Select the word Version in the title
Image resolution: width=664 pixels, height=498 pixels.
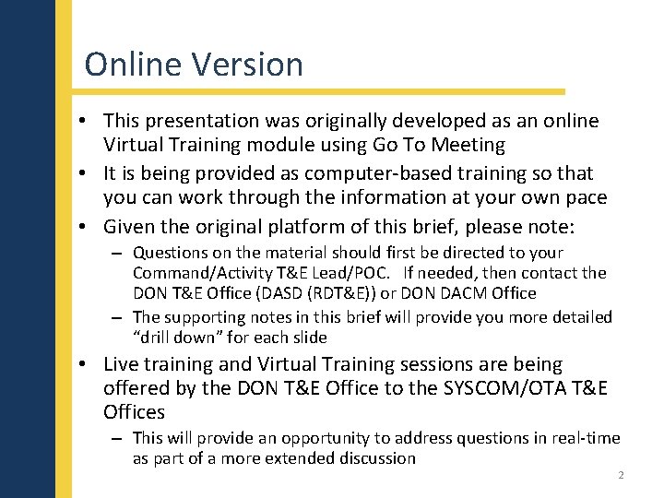[x=247, y=65]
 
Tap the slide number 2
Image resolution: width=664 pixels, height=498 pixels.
[x=621, y=475]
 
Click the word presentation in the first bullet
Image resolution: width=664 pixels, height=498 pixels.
[x=202, y=121]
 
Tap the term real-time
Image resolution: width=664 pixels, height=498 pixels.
[x=584, y=438]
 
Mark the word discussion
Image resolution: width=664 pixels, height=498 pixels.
[x=373, y=458]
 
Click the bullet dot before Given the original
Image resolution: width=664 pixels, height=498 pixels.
[x=83, y=226]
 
